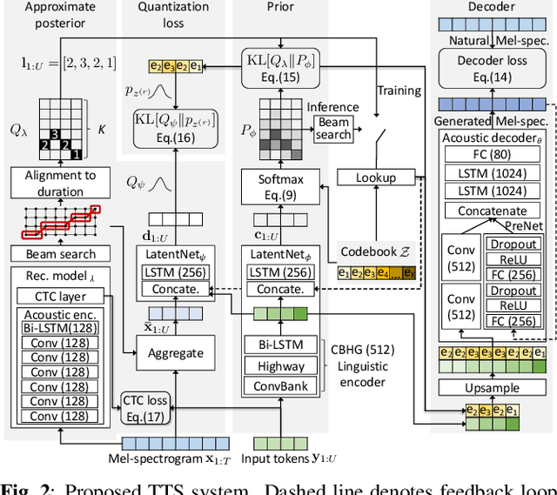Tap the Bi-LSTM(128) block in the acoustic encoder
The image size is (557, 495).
60,328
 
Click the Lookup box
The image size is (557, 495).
375,177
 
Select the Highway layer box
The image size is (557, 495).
281,366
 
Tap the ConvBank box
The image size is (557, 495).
281,385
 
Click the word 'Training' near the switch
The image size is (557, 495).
400,90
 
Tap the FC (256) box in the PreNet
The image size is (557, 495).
512,320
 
